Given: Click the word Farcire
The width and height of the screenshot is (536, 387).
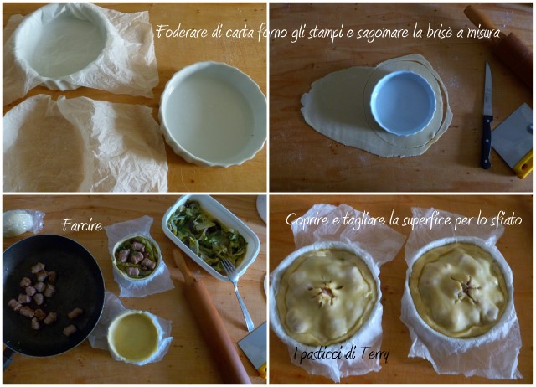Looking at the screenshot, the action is pos(82,225).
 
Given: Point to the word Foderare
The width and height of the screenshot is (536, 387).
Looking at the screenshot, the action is pos(182,32).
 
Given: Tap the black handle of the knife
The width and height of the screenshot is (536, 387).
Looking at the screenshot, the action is pos(487,142).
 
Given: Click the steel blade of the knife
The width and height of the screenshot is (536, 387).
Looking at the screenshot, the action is pos(488,89).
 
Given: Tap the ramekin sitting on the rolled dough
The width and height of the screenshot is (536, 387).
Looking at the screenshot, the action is pos(404,103).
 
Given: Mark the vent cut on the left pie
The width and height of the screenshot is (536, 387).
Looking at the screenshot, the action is pos(325,292).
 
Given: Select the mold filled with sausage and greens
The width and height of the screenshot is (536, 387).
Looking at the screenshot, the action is pos(137,258).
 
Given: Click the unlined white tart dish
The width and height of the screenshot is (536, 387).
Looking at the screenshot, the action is pos(213,113).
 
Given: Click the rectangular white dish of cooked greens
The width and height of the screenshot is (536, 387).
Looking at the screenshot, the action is pos(210,236).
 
